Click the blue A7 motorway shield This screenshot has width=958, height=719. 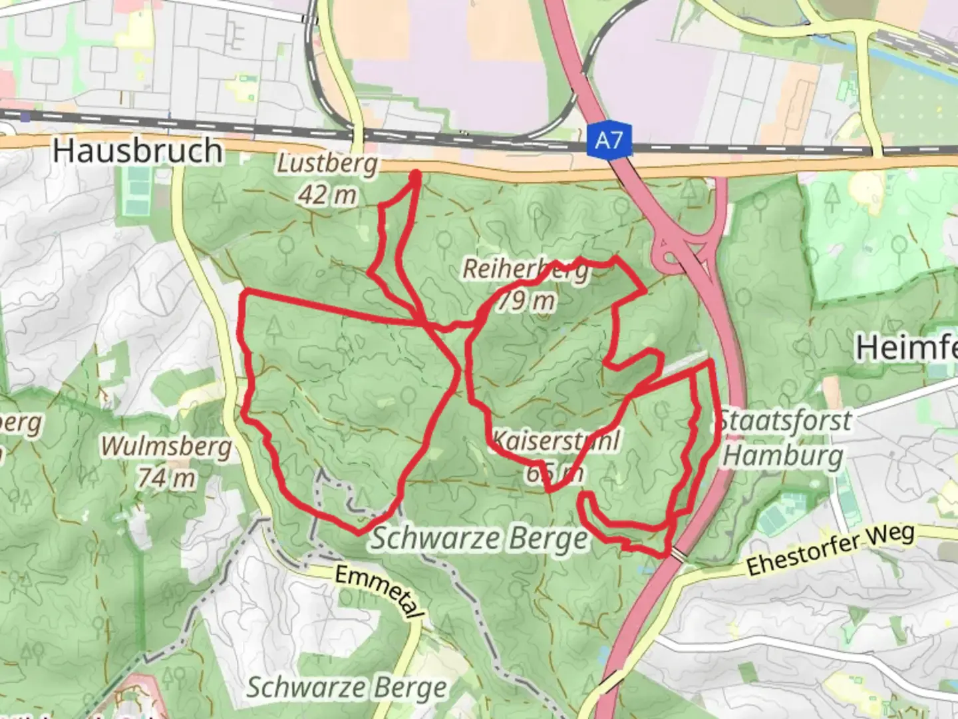[x=609, y=141]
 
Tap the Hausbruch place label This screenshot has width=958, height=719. [x=138, y=150]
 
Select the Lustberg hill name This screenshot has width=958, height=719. [x=327, y=164]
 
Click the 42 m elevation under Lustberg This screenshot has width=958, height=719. [x=327, y=195]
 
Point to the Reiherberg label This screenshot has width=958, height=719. [x=526, y=270]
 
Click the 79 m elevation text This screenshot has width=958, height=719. [x=526, y=301]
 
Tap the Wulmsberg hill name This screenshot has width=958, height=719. [x=166, y=447]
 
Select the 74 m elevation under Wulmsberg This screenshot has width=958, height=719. [x=166, y=477]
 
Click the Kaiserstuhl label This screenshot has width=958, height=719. [x=556, y=440]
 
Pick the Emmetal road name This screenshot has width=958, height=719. [x=379, y=593]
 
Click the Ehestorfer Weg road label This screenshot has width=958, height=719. [x=831, y=549]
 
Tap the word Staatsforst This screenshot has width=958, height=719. [x=784, y=421]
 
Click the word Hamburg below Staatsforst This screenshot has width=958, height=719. [x=783, y=456]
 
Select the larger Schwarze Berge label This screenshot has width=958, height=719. [x=480, y=539]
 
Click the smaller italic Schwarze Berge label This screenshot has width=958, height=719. [x=347, y=688]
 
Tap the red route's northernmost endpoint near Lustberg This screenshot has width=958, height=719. [x=416, y=175]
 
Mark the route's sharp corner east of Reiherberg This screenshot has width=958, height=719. [x=644, y=290]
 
